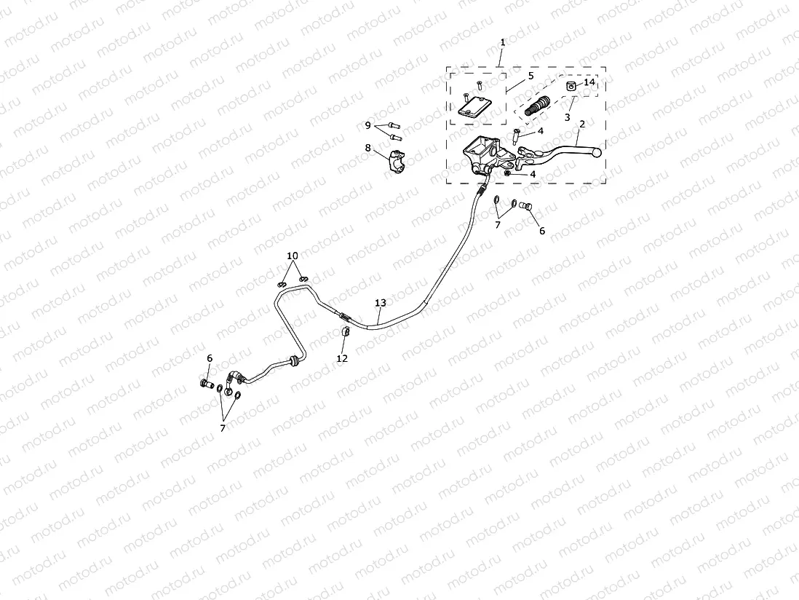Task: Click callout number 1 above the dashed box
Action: pos(502,43)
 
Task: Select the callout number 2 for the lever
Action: pos(581,125)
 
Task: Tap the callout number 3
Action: pos(566,117)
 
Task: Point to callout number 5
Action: pos(530,75)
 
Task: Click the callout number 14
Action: pos(589,83)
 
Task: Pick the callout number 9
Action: pos(368,125)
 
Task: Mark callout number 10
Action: pos(293,256)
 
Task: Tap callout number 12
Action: pos(342,358)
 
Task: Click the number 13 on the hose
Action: pos(380,302)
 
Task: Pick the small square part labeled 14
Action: pos(571,86)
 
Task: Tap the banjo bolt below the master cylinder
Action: pos(529,208)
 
